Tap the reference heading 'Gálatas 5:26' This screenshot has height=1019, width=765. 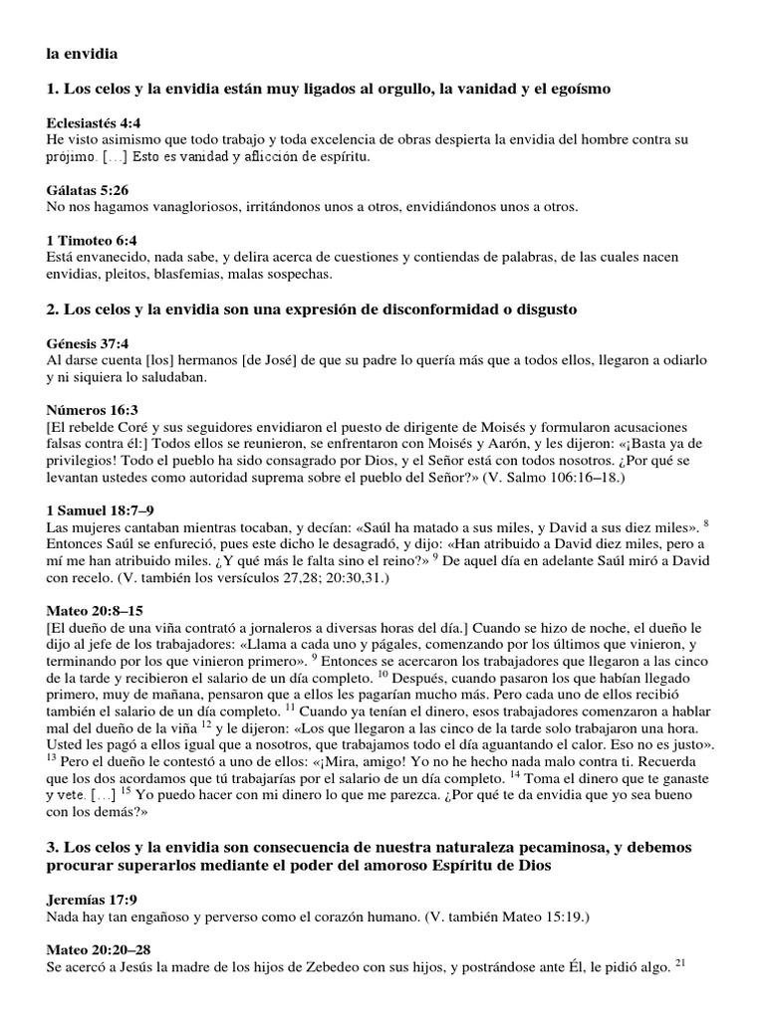(88, 189)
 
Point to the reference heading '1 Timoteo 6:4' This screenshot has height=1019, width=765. (92, 240)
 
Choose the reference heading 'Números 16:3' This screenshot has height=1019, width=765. (93, 410)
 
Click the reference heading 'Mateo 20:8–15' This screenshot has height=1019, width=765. (96, 610)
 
